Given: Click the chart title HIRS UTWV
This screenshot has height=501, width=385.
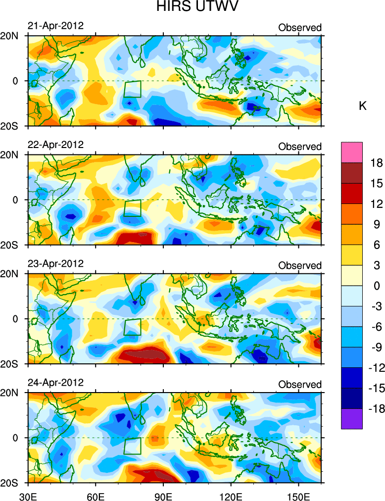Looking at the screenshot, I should point(192,7).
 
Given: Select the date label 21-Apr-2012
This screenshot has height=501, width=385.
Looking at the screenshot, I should point(55,26).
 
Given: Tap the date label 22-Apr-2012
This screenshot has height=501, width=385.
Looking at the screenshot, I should point(55,145).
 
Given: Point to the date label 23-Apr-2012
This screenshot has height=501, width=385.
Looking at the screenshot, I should point(55,263).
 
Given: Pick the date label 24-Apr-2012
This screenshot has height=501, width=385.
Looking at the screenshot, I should point(55,383).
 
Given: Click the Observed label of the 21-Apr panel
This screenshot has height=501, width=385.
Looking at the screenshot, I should point(300,28).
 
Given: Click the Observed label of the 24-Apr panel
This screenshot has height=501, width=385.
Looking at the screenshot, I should point(300,385).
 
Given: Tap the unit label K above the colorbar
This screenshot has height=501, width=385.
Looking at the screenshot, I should point(363,106).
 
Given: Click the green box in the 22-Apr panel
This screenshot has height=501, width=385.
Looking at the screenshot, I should point(132,208).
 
